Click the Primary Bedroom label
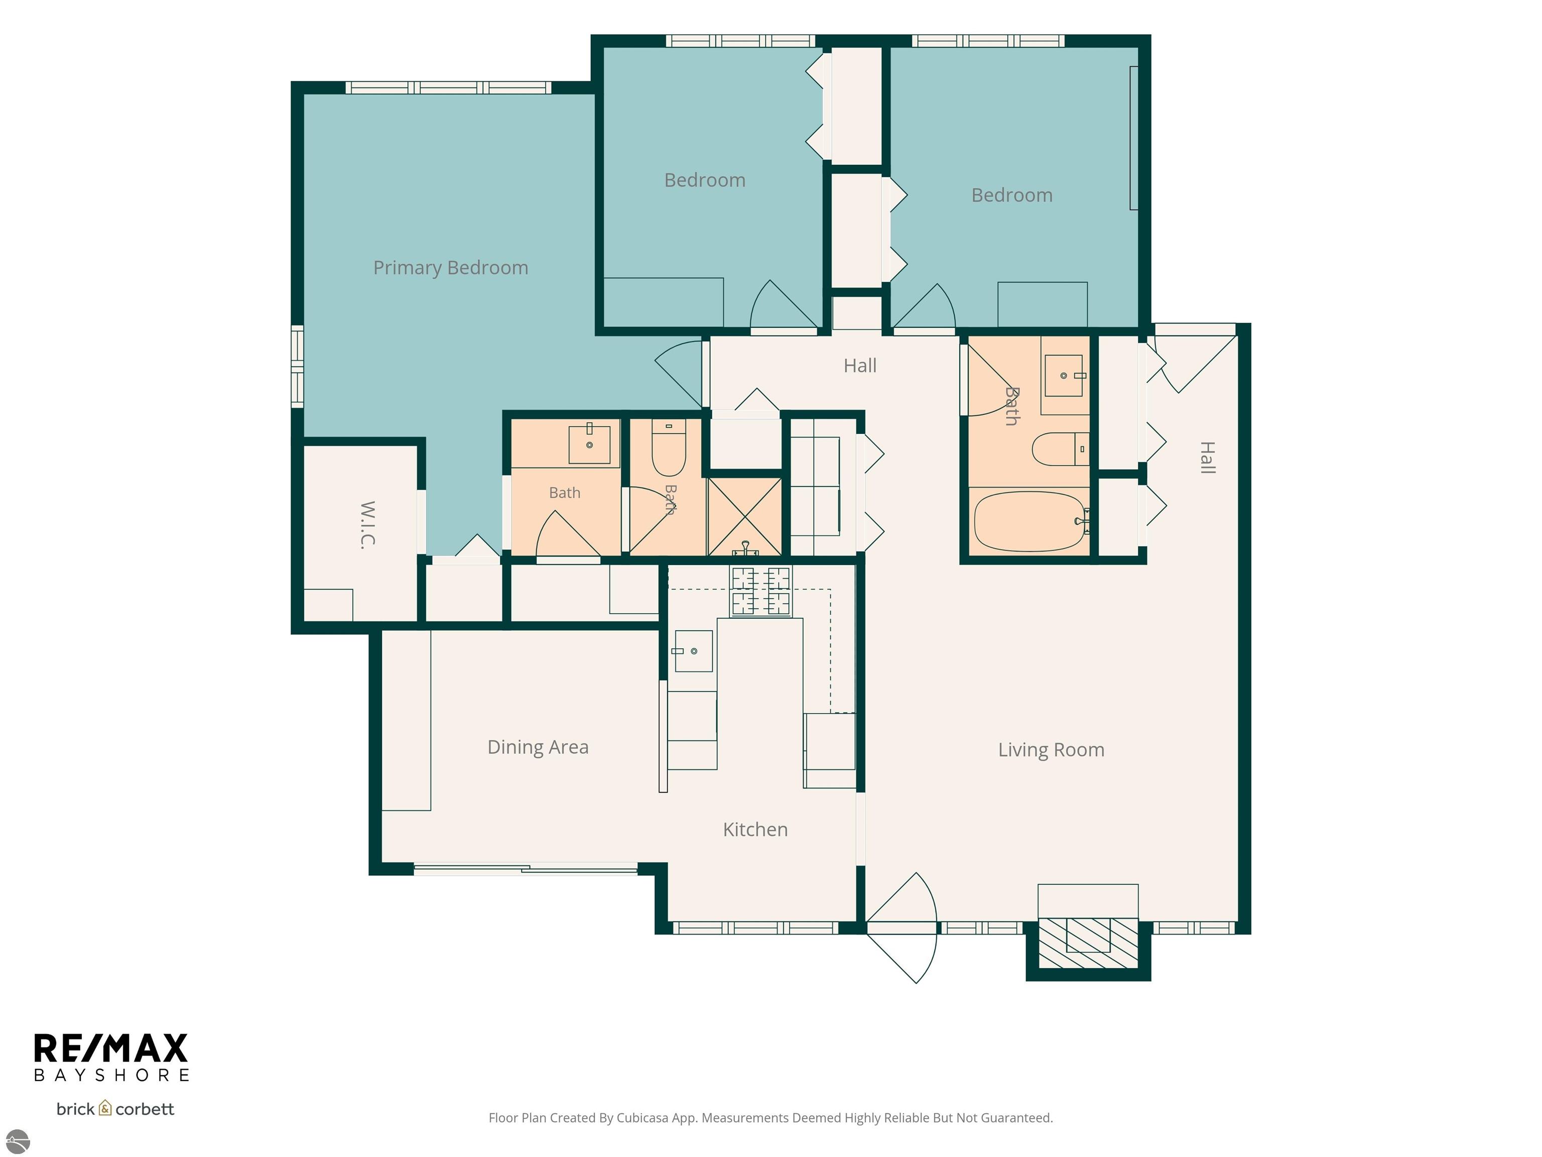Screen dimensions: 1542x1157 click(x=450, y=268)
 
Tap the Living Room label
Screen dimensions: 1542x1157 click(x=1051, y=750)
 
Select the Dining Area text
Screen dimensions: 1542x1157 click(x=538, y=747)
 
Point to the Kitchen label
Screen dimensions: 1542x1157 click(x=755, y=829)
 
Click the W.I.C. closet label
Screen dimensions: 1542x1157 click(x=368, y=525)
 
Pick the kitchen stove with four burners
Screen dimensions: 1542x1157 click(x=760, y=591)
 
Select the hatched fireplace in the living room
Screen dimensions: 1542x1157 click(x=1088, y=944)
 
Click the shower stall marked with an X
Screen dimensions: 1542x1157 click(x=744, y=517)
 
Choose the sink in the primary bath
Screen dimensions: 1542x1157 click(x=590, y=442)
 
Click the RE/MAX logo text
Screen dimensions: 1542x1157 click(x=111, y=1048)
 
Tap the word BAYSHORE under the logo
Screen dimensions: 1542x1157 click(x=111, y=1075)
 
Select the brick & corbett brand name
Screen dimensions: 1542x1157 click(x=115, y=1109)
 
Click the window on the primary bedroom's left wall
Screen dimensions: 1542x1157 click(x=297, y=366)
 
